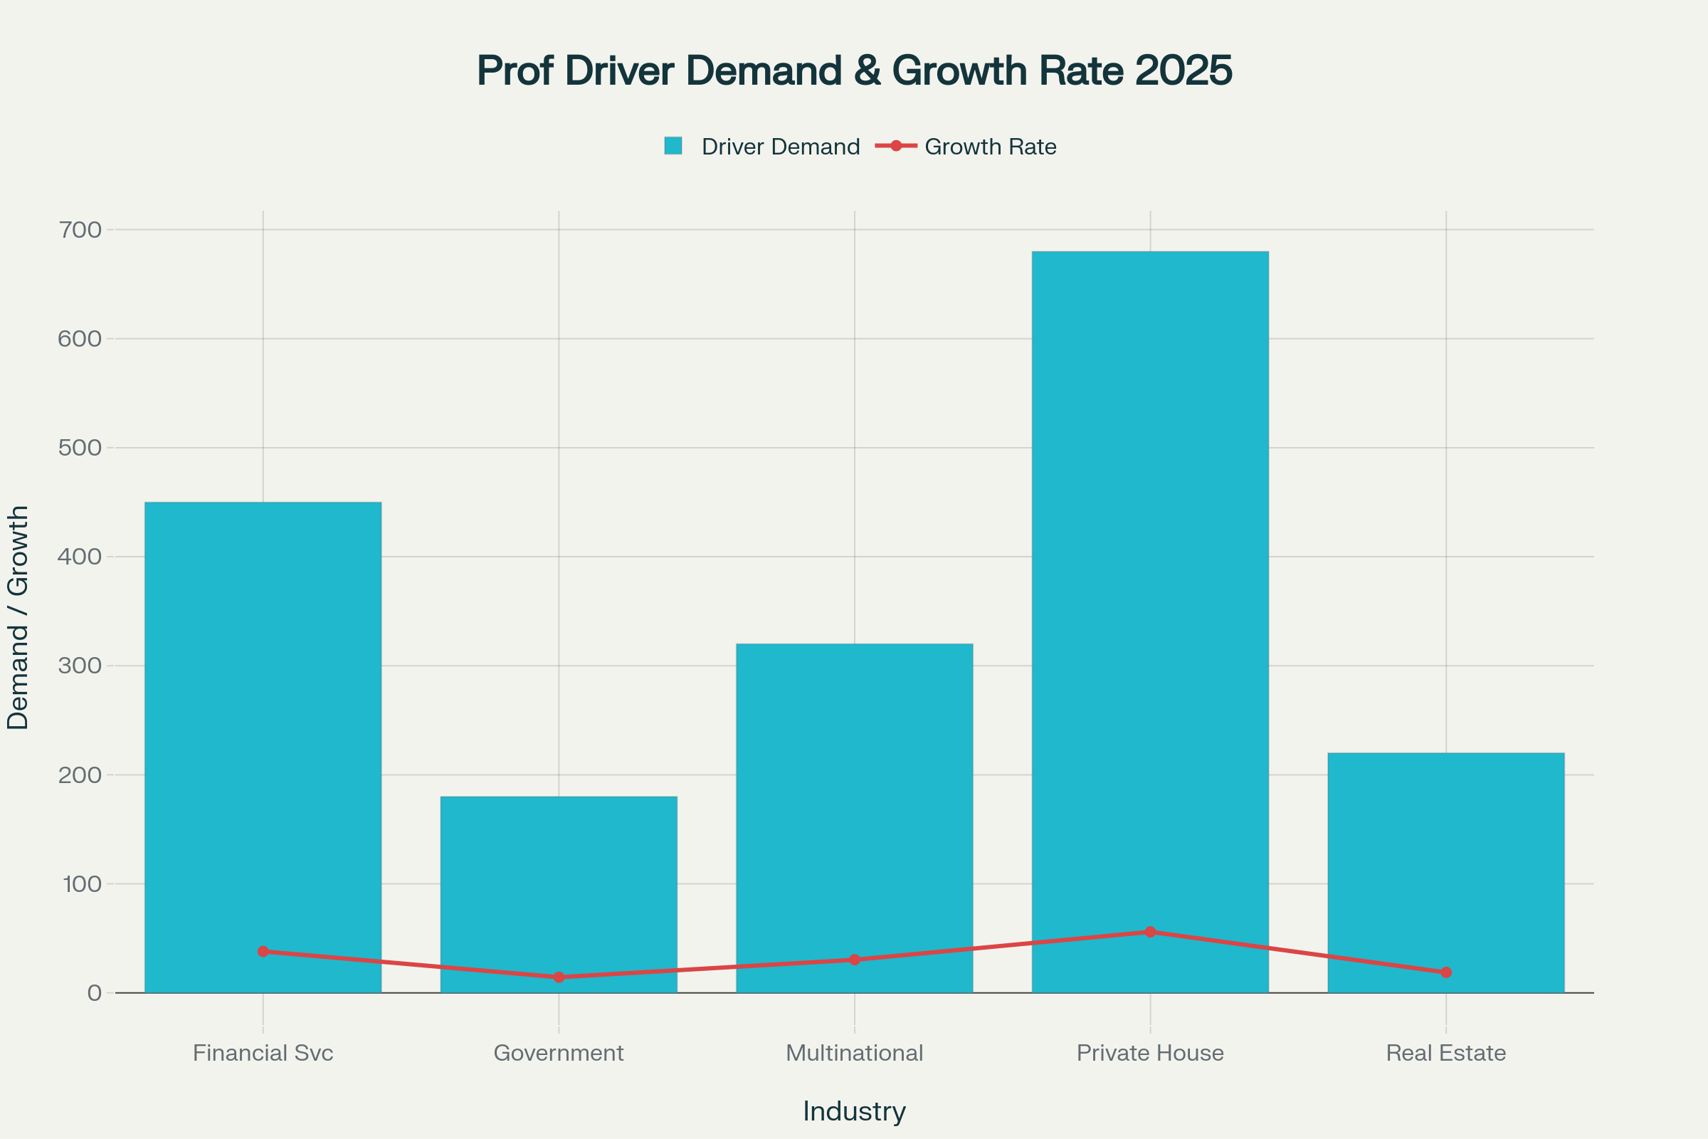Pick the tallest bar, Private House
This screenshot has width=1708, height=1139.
point(1149,581)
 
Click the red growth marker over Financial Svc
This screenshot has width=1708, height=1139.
point(263,952)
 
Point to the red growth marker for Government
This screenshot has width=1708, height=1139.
point(559,977)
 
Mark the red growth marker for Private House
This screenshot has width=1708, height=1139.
point(1150,932)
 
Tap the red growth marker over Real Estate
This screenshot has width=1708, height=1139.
point(1446,972)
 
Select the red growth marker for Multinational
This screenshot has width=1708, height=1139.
point(855,960)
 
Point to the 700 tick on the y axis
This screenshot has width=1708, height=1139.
point(80,230)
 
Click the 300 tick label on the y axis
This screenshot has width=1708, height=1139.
point(80,666)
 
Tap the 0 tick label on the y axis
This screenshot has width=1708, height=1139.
point(95,993)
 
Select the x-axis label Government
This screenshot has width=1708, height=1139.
point(559,1053)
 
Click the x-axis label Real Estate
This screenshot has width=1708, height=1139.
point(1445,1053)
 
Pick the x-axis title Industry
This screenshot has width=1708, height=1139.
point(854,1111)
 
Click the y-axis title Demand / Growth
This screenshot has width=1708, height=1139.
point(17,617)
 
